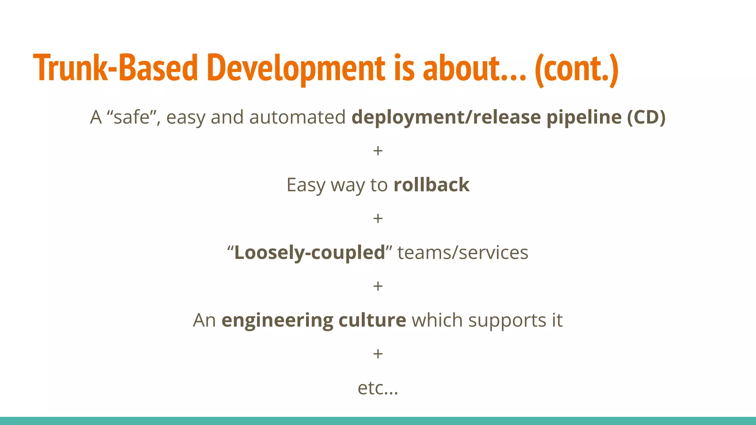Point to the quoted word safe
(x=131, y=117)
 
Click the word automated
(x=297, y=117)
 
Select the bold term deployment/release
(x=446, y=117)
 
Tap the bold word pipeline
(x=584, y=117)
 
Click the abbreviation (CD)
(x=646, y=117)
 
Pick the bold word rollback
(x=431, y=185)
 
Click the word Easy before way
(x=306, y=185)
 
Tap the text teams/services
(x=463, y=253)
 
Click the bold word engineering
(x=277, y=320)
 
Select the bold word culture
(x=372, y=320)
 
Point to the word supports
(x=507, y=320)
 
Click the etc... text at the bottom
(x=378, y=388)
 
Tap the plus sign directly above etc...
(x=378, y=354)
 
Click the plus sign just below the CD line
(x=378, y=151)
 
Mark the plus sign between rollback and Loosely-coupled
(x=378, y=219)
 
